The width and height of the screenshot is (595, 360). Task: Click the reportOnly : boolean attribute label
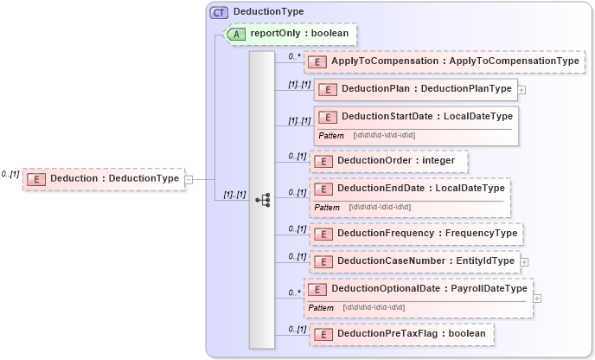click(x=300, y=34)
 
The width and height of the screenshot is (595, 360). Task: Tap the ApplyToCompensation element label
click(x=455, y=61)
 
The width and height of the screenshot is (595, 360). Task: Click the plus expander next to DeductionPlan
click(x=521, y=89)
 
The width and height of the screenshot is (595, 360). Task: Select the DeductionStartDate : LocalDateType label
click(x=426, y=116)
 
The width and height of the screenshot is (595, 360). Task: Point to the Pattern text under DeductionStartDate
click(x=331, y=136)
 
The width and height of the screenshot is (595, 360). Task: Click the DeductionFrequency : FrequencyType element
click(x=426, y=234)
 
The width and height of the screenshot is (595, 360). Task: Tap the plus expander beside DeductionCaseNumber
click(x=524, y=260)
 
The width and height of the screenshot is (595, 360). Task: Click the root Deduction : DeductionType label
click(x=114, y=179)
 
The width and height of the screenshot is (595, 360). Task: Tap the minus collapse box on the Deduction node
click(x=189, y=179)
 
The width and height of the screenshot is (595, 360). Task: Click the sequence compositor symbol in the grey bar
click(x=263, y=200)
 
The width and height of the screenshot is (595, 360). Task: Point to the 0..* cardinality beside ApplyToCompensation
click(x=294, y=55)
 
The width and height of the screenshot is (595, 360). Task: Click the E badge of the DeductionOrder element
click(x=323, y=161)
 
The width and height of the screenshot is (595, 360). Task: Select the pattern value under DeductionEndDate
click(x=380, y=207)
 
